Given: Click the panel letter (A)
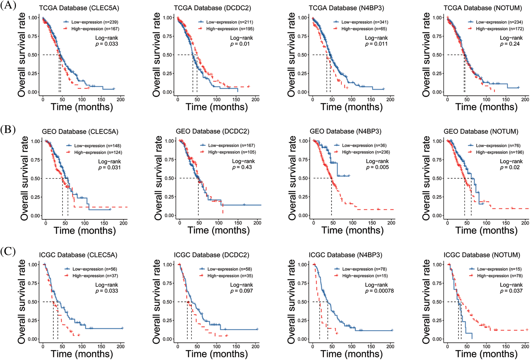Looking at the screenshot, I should tap(8, 5).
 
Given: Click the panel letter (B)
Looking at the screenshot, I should tap(8, 129).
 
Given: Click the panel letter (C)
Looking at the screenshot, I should tap(8, 251).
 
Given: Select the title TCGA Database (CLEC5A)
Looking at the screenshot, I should tap(79, 8).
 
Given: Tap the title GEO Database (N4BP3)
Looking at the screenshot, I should tap(346, 131).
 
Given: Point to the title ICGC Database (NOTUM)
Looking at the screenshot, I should tap(482, 255).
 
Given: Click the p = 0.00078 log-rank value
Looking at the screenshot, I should tap(379, 291).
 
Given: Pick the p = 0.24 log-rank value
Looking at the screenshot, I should tap(510, 44).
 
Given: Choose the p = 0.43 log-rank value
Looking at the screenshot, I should tap(242, 167).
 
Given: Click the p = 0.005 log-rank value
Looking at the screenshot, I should tap(377, 167).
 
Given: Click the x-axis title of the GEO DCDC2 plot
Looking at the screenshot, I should tap(219, 230).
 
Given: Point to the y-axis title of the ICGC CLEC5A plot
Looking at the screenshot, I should tap(22, 302).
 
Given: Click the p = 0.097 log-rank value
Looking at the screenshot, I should tap(242, 291).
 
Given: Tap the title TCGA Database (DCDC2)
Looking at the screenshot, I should tap(213, 8).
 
